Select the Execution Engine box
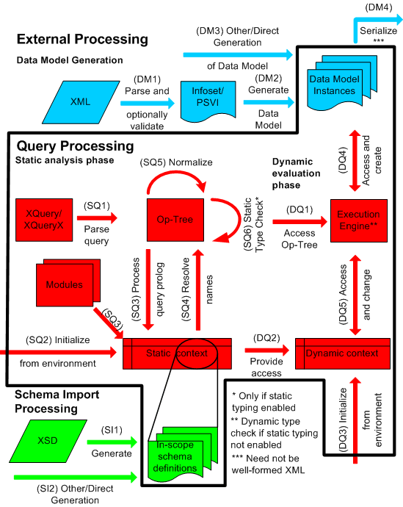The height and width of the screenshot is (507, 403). (x=358, y=219)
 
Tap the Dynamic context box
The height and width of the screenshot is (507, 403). (x=342, y=353)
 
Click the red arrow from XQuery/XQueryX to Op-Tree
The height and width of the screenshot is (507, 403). (x=98, y=217)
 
